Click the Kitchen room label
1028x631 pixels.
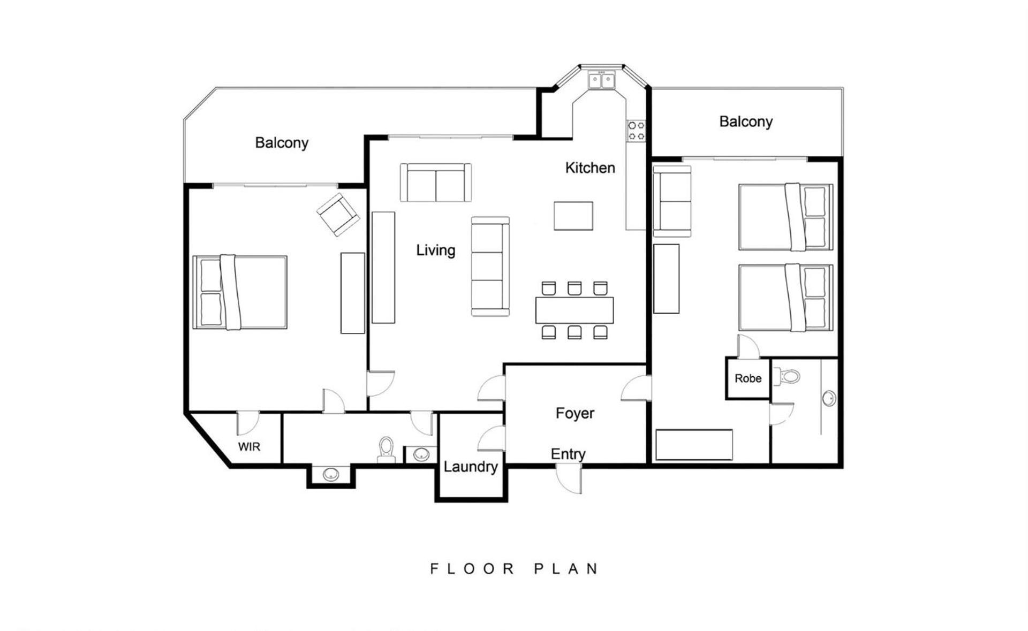coord(590,168)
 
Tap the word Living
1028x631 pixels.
coord(436,250)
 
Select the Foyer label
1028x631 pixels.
coord(575,413)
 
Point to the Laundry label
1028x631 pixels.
coord(471,467)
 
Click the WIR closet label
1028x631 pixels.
coord(249,446)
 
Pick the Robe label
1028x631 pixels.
coord(748,378)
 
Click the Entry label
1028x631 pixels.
coord(568,454)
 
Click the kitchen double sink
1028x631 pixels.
coord(602,80)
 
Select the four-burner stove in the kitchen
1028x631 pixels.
coord(637,131)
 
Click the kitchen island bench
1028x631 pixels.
coord(573,216)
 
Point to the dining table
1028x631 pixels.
coord(575,310)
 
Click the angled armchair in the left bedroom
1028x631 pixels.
coord(338,215)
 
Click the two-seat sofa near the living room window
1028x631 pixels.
coord(436,183)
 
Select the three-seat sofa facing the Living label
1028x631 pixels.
coord(490,266)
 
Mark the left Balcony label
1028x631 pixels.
coord(282,143)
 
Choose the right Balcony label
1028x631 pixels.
coord(746,121)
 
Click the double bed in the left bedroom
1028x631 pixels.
coord(240,292)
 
